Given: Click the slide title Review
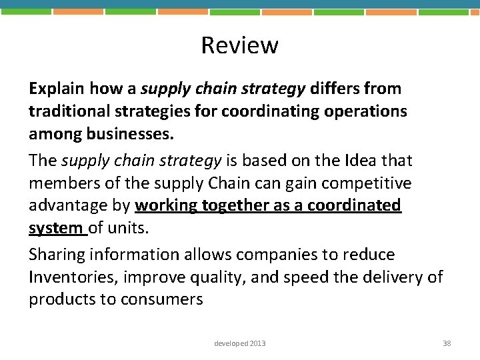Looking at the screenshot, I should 239,45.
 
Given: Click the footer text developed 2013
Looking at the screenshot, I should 239,343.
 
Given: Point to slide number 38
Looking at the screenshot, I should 447,343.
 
